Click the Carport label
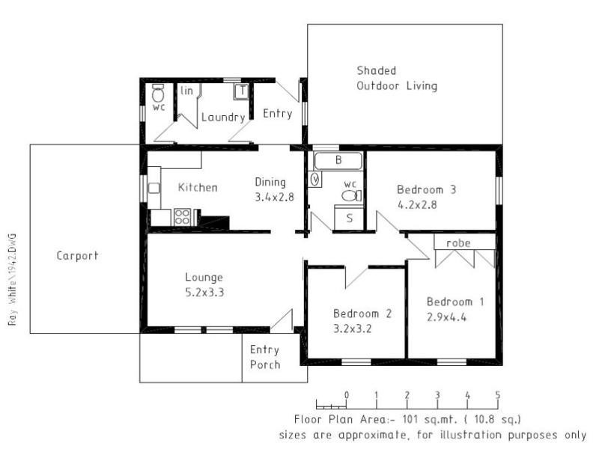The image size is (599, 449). pyautogui.click(x=77, y=256)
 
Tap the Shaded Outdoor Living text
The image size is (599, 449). pyautogui.click(x=396, y=78)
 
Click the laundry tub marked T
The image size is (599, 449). pyautogui.click(x=241, y=92)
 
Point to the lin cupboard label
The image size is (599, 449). pyautogui.click(x=187, y=91)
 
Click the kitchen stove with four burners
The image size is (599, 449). pyautogui.click(x=183, y=217)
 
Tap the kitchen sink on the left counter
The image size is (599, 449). pyautogui.click(x=153, y=188)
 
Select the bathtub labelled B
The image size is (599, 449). pyautogui.click(x=338, y=160)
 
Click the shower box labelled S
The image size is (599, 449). pyautogui.click(x=349, y=219)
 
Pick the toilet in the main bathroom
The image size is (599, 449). pyautogui.click(x=350, y=195)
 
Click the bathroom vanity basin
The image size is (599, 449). pyautogui.click(x=315, y=179)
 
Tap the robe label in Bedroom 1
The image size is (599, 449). pyautogui.click(x=457, y=243)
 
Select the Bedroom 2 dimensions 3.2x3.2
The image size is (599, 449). pyautogui.click(x=353, y=328)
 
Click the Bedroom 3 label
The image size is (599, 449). pyautogui.click(x=426, y=189)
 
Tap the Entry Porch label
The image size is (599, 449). pyautogui.click(x=264, y=357)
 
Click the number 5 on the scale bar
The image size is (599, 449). pyautogui.click(x=497, y=395)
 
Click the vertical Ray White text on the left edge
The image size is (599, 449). pyautogui.click(x=12, y=277)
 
